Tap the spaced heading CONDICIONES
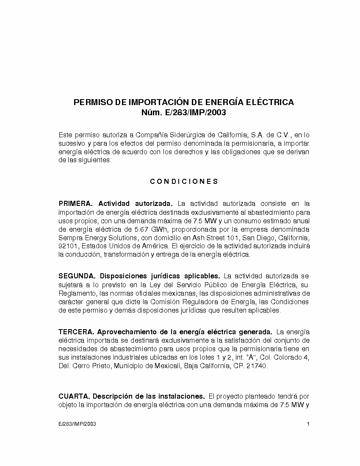pos(184,181)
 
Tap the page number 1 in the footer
pos(308,424)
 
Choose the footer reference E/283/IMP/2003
pos(77,424)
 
